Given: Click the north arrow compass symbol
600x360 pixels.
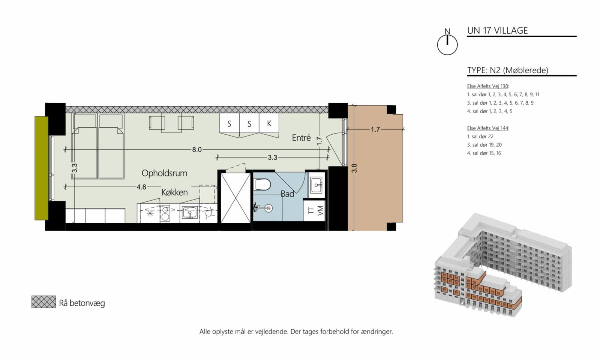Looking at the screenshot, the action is pyautogui.click(x=447, y=43).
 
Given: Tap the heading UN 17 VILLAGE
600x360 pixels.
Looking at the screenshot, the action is pyautogui.click(x=497, y=30).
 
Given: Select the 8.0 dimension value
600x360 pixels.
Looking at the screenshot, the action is pyautogui.click(x=196, y=150).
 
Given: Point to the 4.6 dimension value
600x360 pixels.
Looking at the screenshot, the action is pyautogui.click(x=141, y=187).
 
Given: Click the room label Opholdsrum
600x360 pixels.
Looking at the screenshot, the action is pyautogui.click(x=164, y=173).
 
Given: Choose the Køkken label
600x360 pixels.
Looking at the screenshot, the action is pyautogui.click(x=174, y=192).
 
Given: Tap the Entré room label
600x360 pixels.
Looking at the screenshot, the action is pyautogui.click(x=301, y=138).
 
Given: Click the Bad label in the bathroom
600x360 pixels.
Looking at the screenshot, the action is pyautogui.click(x=287, y=193).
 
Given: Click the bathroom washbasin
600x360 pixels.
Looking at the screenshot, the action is pyautogui.click(x=316, y=184).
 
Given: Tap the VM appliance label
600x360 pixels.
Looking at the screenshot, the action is pyautogui.click(x=320, y=210).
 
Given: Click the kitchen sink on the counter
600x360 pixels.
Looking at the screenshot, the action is pyautogui.click(x=190, y=213).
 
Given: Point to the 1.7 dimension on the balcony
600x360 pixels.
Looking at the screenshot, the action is pyautogui.click(x=375, y=129).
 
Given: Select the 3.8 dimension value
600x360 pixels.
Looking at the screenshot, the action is pyautogui.click(x=354, y=168).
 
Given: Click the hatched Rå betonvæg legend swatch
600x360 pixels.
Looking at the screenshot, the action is pyautogui.click(x=43, y=302).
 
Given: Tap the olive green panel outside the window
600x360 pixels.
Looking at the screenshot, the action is pyautogui.click(x=41, y=168).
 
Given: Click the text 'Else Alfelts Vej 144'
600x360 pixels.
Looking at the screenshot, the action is pyautogui.click(x=487, y=128).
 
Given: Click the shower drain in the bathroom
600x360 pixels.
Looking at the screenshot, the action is pyautogui.click(x=268, y=208).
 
